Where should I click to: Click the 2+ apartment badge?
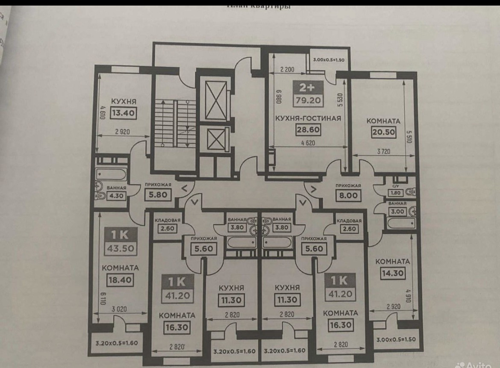coord(306,88)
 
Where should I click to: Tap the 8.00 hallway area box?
coord(348,196)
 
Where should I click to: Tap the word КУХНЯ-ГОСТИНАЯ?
coord(308,118)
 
